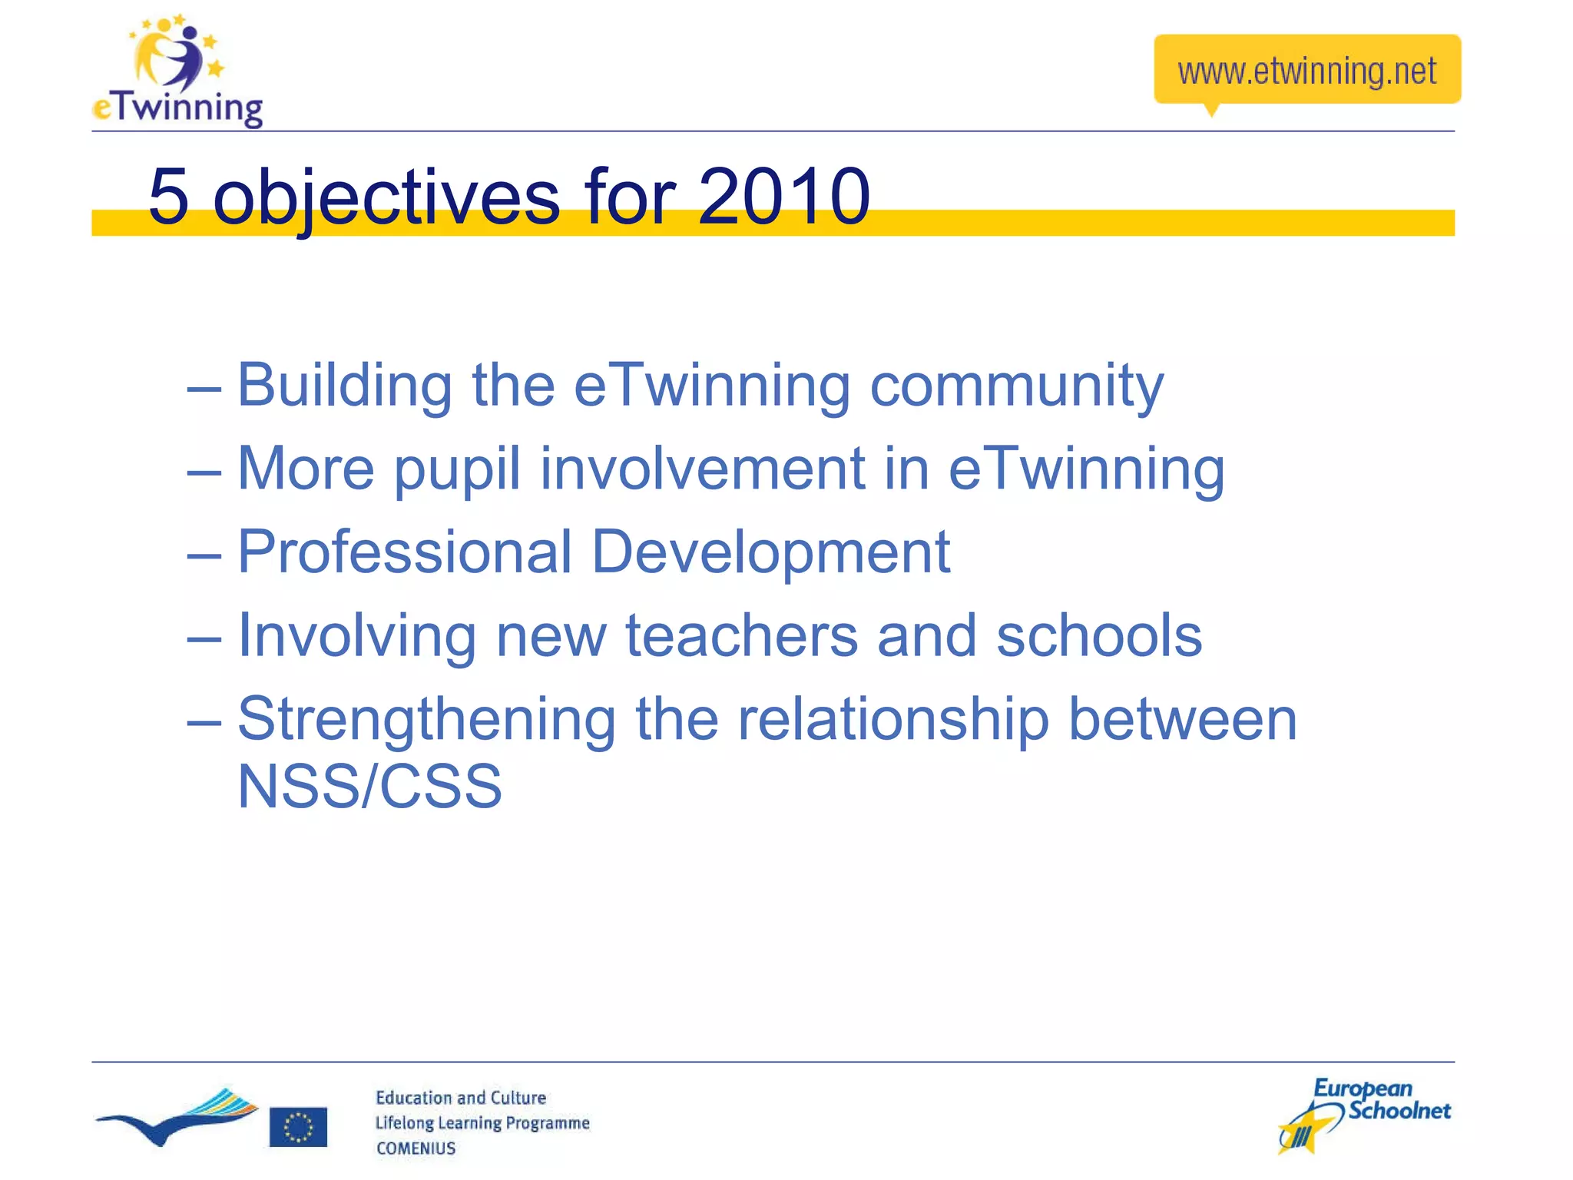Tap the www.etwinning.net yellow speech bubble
(1306, 70)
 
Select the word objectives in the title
(386, 198)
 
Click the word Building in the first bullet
(344, 386)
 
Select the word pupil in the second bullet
(457, 469)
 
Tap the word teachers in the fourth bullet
(741, 636)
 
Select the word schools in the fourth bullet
(1098, 636)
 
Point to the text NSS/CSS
(369, 787)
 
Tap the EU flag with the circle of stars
(298, 1127)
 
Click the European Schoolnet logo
(1364, 1115)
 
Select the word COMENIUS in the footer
(416, 1149)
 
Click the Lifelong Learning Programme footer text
(482, 1123)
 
